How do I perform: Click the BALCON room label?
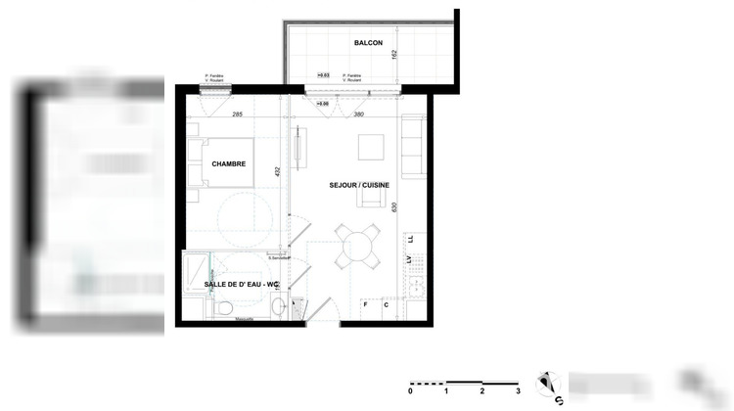point(368,44)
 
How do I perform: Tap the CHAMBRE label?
point(228,163)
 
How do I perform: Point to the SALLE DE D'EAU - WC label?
point(242,284)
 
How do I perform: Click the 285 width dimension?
point(238,114)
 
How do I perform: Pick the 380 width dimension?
point(358,114)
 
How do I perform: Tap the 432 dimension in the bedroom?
point(278,171)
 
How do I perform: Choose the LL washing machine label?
point(411,239)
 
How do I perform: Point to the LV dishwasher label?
point(411,259)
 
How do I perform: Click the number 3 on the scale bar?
point(518,390)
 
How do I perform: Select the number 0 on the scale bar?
point(410,390)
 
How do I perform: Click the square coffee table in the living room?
point(371,147)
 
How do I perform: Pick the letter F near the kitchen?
point(366,304)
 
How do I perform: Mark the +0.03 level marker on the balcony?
point(323,74)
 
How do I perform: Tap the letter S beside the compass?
point(560,398)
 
